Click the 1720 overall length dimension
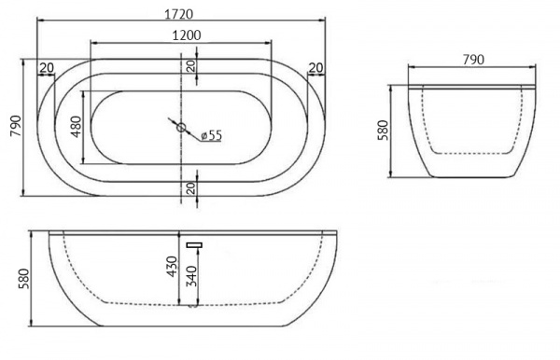pyautogui.click(x=178, y=14)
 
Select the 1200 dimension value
pyautogui.click(x=187, y=35)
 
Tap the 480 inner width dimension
pyautogui.click(x=77, y=127)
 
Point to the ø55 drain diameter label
pyautogui.click(x=212, y=135)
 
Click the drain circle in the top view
pyautogui.click(x=181, y=128)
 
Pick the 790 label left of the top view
pyautogui.click(x=16, y=126)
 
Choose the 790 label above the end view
pyautogui.click(x=473, y=60)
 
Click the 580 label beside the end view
pyautogui.click(x=383, y=131)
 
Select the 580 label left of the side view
pyautogui.click(x=24, y=279)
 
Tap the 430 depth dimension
pyautogui.click(x=172, y=266)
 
